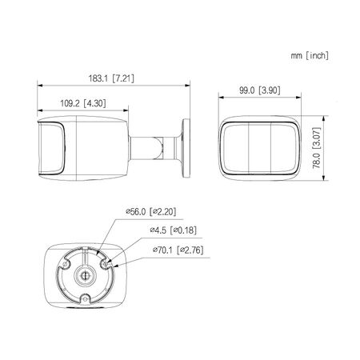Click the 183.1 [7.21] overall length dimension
[111, 78]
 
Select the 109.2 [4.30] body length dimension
[83, 103]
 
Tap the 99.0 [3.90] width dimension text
[260, 90]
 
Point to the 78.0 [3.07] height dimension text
[317, 148]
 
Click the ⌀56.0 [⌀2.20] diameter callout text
[151, 212]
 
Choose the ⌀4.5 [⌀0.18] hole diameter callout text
[173, 230]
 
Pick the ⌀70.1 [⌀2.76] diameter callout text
[178, 250]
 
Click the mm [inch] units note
[310, 55]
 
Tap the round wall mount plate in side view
[186, 148]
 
